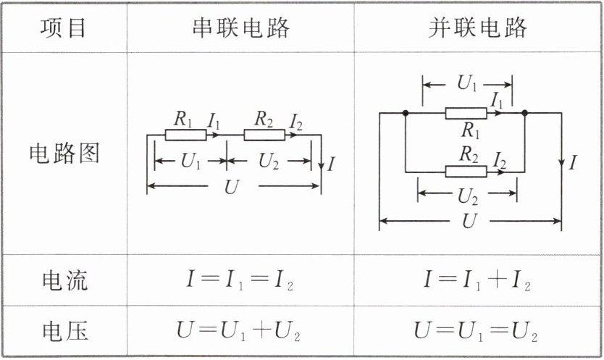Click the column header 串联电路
click(241, 28)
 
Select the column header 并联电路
click(477, 28)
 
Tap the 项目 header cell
click(63, 28)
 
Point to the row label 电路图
click(64, 153)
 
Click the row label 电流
click(64, 280)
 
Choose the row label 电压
click(64, 332)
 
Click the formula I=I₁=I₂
click(240, 280)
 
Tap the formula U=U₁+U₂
click(238, 331)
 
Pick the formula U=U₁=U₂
click(476, 331)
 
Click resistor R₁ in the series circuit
click(185, 135)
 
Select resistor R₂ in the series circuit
click(264, 135)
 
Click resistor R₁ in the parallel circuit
click(466, 113)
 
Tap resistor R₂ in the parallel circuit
click(466, 172)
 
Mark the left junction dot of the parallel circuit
click(406, 113)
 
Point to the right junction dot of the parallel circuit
click(524, 113)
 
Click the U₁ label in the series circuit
click(190, 161)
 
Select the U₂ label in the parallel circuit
click(468, 196)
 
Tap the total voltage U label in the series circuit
click(232, 187)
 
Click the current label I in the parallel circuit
click(573, 162)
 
